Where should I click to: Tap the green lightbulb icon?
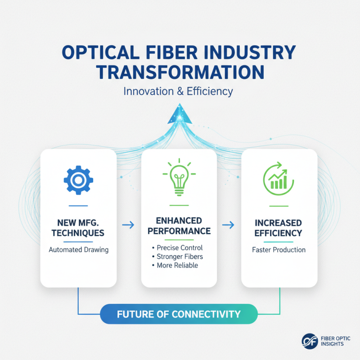(x=179, y=178)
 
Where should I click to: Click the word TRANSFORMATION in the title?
(x=179, y=72)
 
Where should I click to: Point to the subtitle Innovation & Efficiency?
(x=179, y=91)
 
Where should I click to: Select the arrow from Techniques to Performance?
(x=128, y=224)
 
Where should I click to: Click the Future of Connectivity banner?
(x=179, y=314)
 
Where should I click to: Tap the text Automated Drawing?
(x=78, y=250)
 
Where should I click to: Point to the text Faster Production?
(x=279, y=250)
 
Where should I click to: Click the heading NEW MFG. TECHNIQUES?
(x=78, y=228)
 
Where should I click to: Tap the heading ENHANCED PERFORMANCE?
(x=179, y=225)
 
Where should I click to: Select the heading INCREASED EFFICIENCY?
(x=279, y=228)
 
